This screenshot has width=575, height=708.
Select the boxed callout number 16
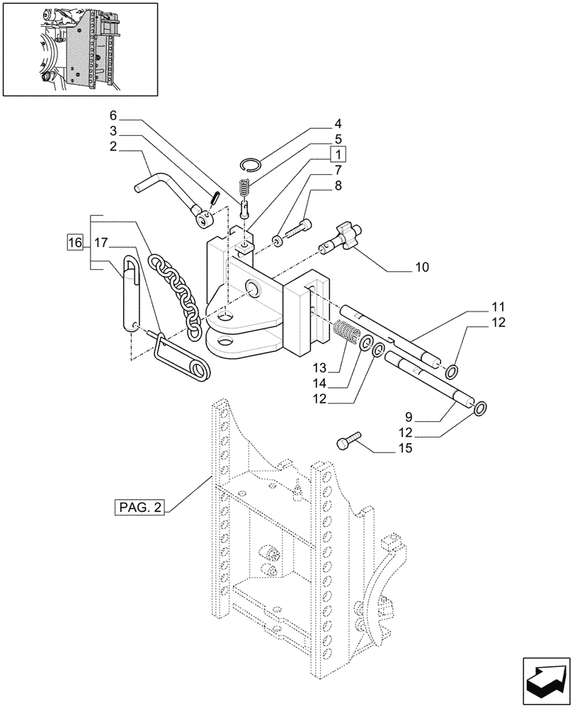[74, 243]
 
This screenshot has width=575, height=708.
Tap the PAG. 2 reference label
[139, 508]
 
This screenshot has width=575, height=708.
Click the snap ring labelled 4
[251, 165]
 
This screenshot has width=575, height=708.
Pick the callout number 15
[406, 449]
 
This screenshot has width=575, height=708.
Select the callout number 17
[101, 243]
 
